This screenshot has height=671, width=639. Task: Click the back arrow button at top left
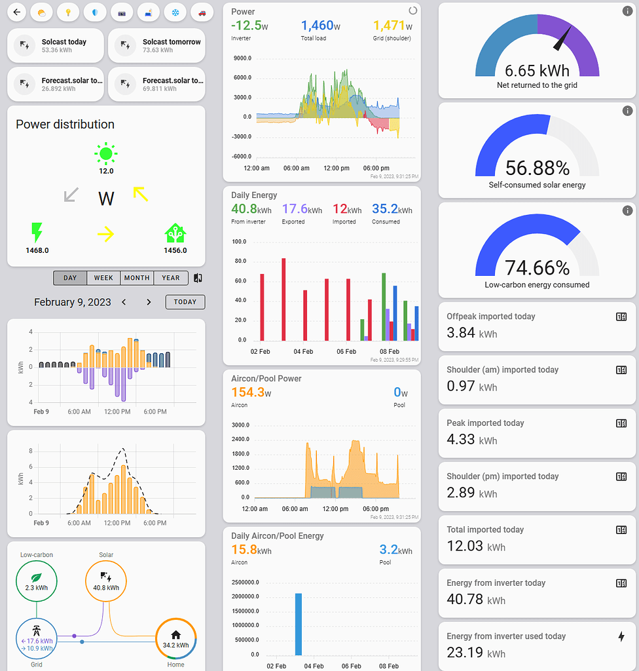[x=17, y=12]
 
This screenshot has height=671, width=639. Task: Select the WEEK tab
[x=103, y=278]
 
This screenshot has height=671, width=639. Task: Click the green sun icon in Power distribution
[x=105, y=154]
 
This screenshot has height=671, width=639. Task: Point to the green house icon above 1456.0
[x=174, y=233]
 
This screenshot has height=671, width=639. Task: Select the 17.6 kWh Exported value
[x=302, y=210]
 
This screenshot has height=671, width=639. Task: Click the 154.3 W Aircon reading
[x=252, y=393]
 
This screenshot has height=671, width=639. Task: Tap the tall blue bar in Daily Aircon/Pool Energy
[x=299, y=623]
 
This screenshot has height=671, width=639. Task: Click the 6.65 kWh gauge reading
[x=537, y=70]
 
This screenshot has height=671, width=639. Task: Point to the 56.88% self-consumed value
[x=537, y=168]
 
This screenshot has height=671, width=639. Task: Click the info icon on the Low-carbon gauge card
[x=627, y=211]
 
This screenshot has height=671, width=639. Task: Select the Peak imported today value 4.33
[x=461, y=439]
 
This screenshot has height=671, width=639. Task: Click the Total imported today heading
[x=485, y=529]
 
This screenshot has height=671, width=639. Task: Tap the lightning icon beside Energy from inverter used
[x=621, y=636]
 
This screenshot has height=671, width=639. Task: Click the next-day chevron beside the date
[x=149, y=302]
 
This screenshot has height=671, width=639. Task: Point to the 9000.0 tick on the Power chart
[x=242, y=58]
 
